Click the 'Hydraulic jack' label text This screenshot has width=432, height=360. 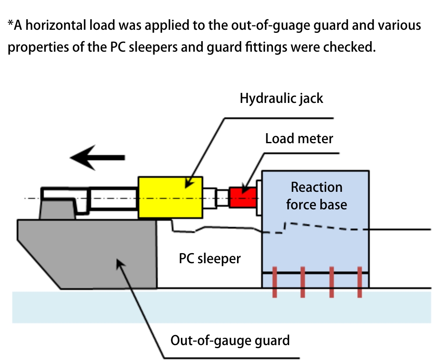click(281, 98)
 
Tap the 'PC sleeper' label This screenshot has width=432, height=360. click(210, 258)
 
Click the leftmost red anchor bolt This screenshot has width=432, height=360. click(275, 282)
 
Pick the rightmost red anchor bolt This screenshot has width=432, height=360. click(360, 282)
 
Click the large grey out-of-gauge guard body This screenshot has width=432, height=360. click(88, 254)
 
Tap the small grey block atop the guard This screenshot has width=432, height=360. click(57, 208)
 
